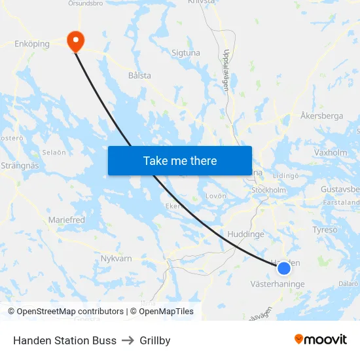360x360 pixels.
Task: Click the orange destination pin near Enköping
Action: tap(76, 41)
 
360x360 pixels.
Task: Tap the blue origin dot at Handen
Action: tap(284, 268)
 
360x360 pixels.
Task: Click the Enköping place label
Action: tap(32, 45)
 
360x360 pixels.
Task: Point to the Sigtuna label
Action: tap(185, 52)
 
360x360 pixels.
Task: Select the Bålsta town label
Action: tap(139, 75)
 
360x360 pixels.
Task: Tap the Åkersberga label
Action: tap(321, 116)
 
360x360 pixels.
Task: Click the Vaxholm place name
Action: tap(331, 153)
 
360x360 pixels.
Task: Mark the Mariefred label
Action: tap(67, 220)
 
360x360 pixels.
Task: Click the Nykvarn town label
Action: tap(117, 259)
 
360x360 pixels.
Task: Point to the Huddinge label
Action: tap(245, 234)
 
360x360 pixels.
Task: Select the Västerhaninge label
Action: tap(278, 284)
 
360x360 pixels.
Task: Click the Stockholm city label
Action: tap(269, 190)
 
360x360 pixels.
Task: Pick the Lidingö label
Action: tap(285, 175)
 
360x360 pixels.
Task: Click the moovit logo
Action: tap(320, 339)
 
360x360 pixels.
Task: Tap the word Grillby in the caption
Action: tap(155, 340)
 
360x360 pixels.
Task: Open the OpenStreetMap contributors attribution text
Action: tap(70, 312)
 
